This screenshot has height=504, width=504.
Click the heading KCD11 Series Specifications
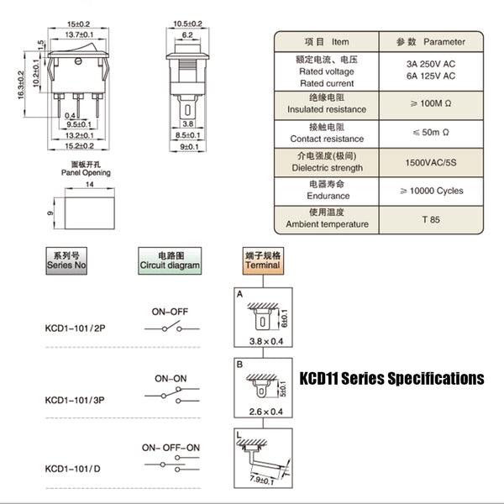(391, 379)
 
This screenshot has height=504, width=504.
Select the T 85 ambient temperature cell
(431, 218)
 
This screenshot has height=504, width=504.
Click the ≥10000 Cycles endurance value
(431, 190)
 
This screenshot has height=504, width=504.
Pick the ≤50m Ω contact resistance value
(431, 132)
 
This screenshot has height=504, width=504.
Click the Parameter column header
(431, 41)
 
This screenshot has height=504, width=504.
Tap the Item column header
(327, 41)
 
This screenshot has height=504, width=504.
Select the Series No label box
(68, 260)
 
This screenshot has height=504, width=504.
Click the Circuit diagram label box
(170, 260)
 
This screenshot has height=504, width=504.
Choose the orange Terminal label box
(262, 260)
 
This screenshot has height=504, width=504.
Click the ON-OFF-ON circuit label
(171, 447)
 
